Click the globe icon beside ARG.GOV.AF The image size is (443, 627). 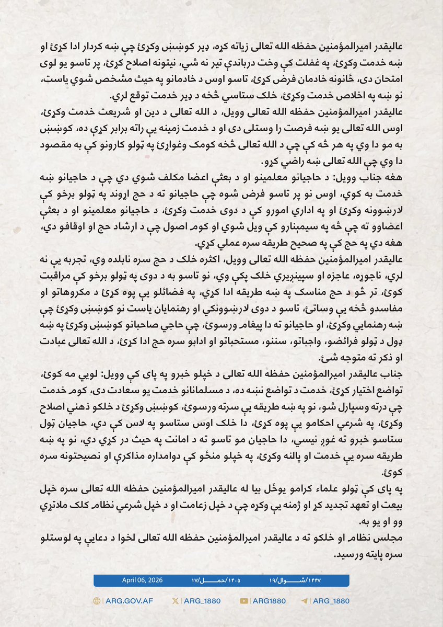(x=97, y=601)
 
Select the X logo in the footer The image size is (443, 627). (x=175, y=601)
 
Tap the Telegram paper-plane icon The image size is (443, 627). (x=305, y=601)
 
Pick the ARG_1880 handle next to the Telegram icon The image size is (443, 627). (x=330, y=601)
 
